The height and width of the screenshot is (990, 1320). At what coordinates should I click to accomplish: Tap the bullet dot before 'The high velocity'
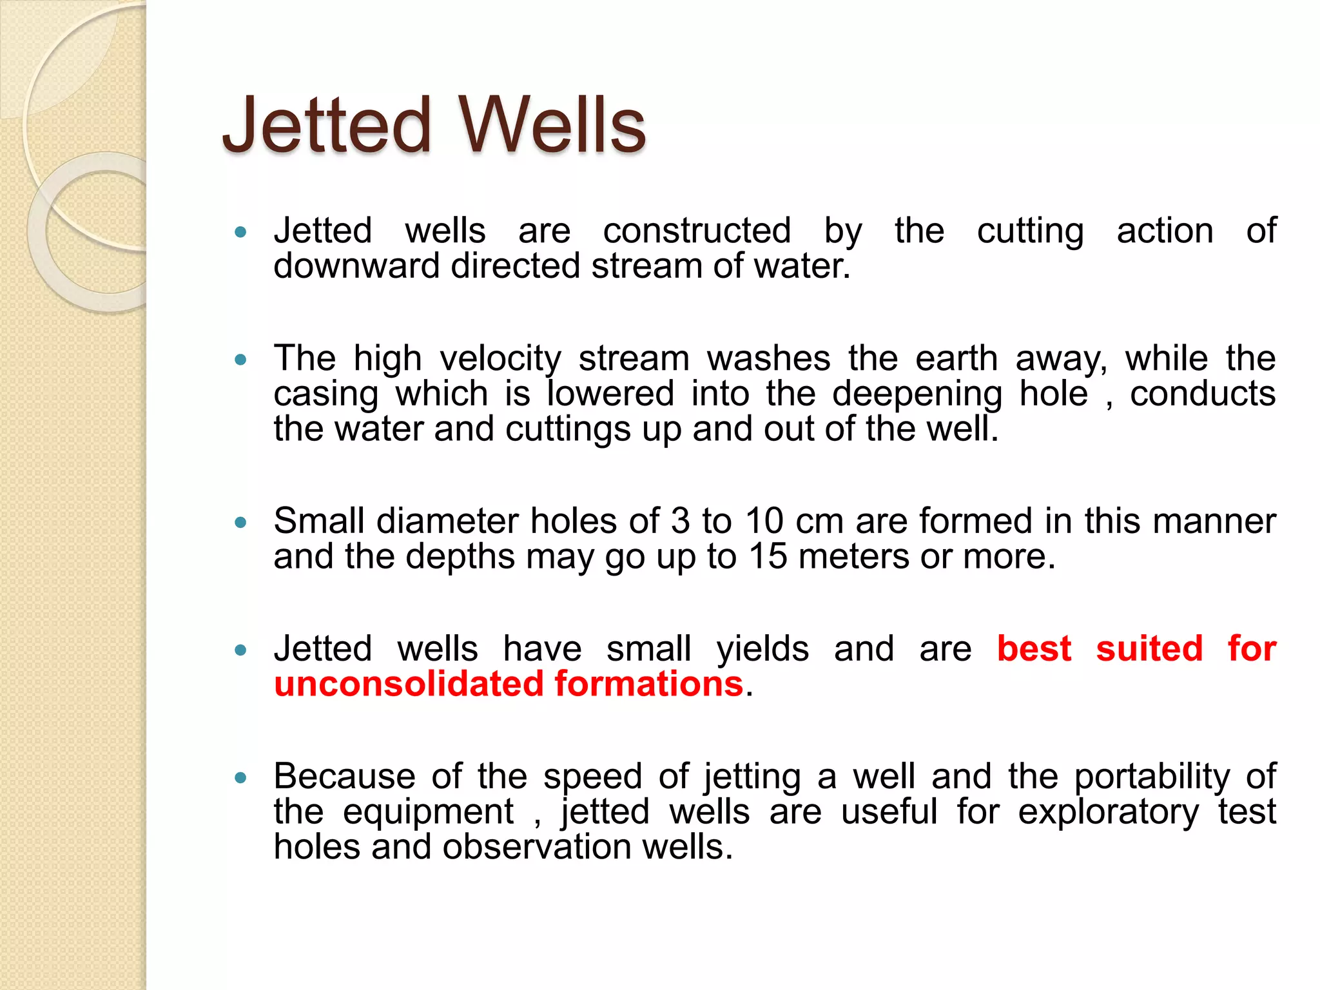coord(241,360)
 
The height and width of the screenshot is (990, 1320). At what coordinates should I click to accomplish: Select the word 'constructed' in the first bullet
coord(697,231)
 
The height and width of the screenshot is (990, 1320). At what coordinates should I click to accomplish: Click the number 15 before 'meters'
coord(768,556)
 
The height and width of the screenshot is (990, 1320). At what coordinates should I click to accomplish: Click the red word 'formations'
coord(648,684)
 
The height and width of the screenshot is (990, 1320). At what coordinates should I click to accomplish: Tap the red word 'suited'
coord(1149,648)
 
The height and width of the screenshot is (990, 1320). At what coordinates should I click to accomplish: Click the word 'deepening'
coord(917,394)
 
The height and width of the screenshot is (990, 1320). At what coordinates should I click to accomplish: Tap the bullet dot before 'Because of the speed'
coord(241,778)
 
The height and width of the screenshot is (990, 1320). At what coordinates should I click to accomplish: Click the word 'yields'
coord(762,649)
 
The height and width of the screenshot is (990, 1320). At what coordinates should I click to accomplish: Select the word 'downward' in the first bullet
coord(356,266)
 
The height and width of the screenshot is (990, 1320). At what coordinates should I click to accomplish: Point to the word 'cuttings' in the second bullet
coord(567,429)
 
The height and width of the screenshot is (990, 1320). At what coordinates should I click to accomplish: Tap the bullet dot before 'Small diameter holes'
coord(241,522)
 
